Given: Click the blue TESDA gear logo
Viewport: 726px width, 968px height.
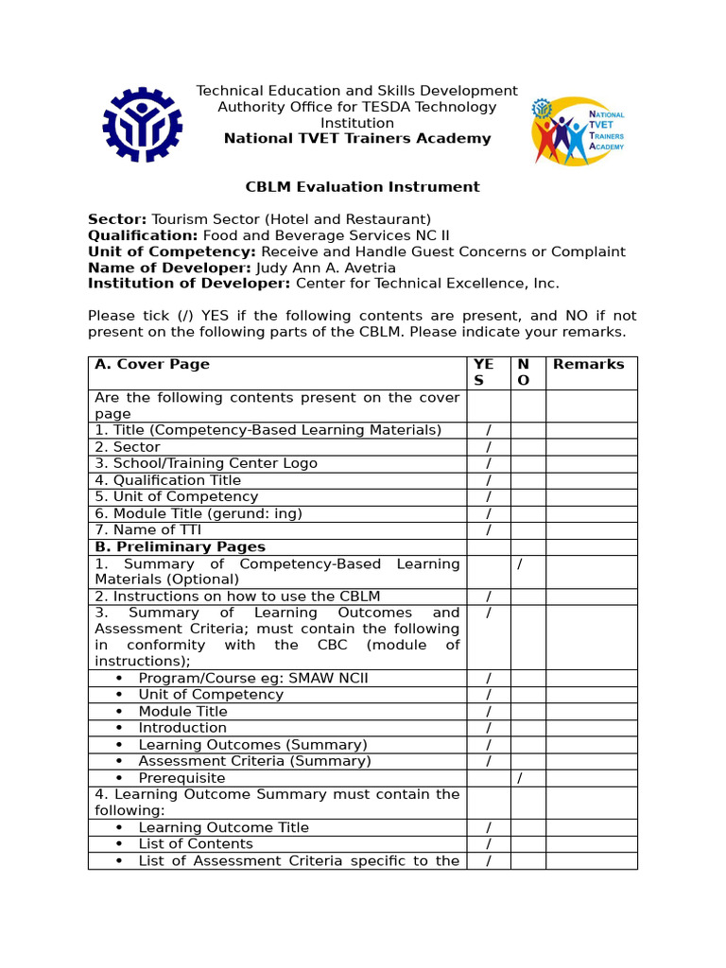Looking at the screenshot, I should [x=143, y=125].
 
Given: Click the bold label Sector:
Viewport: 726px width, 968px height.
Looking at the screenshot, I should [x=117, y=219].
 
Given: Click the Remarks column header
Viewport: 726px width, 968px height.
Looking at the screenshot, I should [x=588, y=365].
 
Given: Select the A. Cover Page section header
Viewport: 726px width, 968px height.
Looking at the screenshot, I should [x=152, y=365].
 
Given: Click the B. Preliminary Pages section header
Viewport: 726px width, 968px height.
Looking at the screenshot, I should [x=180, y=547].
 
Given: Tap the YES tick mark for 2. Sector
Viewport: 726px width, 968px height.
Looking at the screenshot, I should [x=489, y=447].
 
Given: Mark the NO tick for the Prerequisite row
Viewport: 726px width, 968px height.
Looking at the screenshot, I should [x=519, y=778].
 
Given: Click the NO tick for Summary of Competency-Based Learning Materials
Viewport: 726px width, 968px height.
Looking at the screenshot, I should [x=519, y=564].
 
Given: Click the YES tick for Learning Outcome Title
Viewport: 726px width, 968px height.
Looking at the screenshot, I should [x=489, y=828].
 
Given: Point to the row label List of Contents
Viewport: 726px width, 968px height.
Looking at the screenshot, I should [x=196, y=844].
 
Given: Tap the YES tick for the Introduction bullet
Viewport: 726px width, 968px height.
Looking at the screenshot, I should [x=489, y=728].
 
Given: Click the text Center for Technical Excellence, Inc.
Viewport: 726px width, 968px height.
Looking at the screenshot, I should [x=427, y=284].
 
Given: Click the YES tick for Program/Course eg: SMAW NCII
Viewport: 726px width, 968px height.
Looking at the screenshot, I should [x=489, y=679].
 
